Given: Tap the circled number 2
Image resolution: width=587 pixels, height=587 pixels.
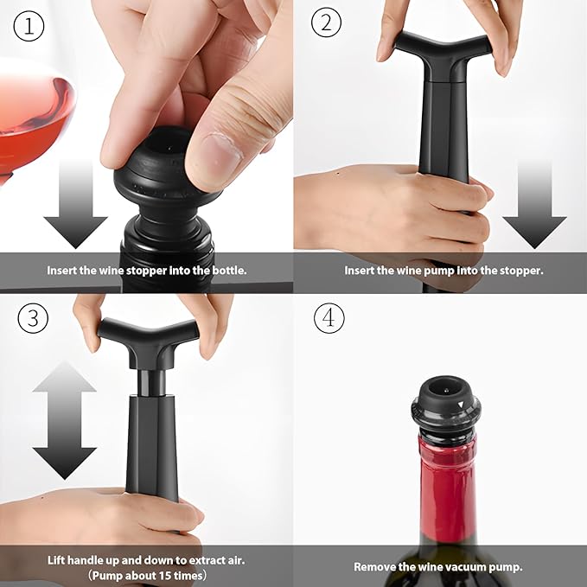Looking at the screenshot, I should point(325,23).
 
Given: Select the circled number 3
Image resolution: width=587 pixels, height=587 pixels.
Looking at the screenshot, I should point(32,318).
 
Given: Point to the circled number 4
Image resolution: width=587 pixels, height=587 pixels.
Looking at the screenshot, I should point(329,318).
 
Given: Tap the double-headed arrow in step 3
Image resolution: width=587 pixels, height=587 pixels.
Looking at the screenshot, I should point(65,420).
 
